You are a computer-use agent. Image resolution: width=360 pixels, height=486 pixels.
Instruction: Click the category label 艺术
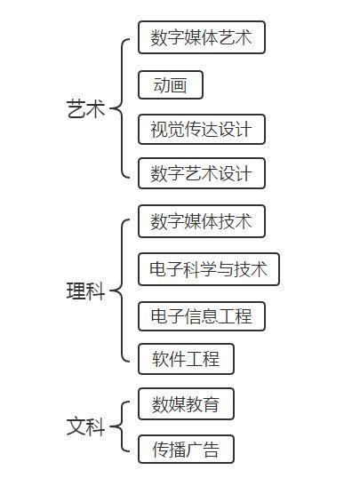86,108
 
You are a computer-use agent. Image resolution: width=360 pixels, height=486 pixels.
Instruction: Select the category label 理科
86,291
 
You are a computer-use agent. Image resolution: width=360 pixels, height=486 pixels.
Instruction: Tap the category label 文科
86,426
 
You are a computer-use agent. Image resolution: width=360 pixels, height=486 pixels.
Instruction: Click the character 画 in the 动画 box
179,85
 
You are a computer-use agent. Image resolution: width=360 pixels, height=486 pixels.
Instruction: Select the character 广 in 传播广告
194,450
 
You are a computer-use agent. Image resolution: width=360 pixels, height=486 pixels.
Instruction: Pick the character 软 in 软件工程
160,359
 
